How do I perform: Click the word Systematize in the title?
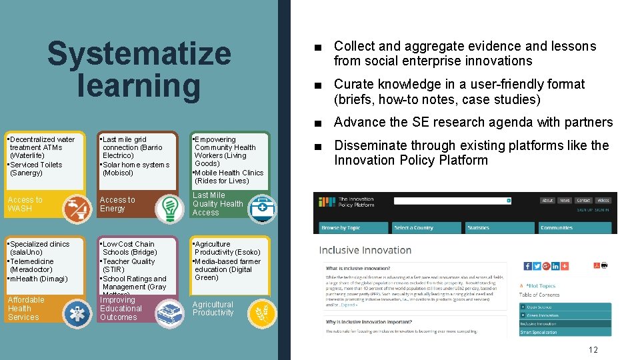click(x=139, y=55)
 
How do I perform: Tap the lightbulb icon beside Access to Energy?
click(x=169, y=208)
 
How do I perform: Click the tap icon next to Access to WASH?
click(x=76, y=208)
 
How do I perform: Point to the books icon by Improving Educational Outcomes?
click(x=169, y=311)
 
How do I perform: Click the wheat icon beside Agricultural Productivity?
click(x=261, y=311)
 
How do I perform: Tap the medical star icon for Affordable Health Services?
click(x=76, y=311)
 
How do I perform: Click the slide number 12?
click(x=593, y=350)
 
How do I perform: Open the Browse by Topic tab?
click(x=341, y=228)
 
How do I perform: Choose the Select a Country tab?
click(x=413, y=228)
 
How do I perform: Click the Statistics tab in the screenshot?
click(x=478, y=228)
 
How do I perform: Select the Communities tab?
click(x=557, y=228)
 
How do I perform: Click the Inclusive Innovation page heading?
click(x=365, y=251)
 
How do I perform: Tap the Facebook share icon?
click(x=528, y=266)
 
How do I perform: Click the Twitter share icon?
click(x=537, y=266)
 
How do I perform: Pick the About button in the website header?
click(x=547, y=200)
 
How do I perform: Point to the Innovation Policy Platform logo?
click(x=347, y=202)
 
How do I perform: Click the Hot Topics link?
click(x=541, y=286)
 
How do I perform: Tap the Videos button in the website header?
click(x=603, y=200)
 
